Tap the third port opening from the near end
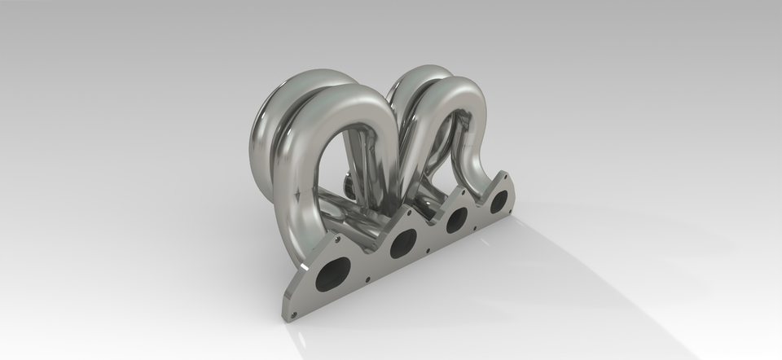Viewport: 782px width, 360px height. coord(457,218)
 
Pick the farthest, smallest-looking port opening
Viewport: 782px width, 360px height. coord(499,200)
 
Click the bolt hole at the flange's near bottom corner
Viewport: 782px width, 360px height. coord(296,310)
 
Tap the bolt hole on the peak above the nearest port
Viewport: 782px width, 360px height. coord(336,242)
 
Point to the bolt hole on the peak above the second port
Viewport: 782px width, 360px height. coord(405,213)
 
